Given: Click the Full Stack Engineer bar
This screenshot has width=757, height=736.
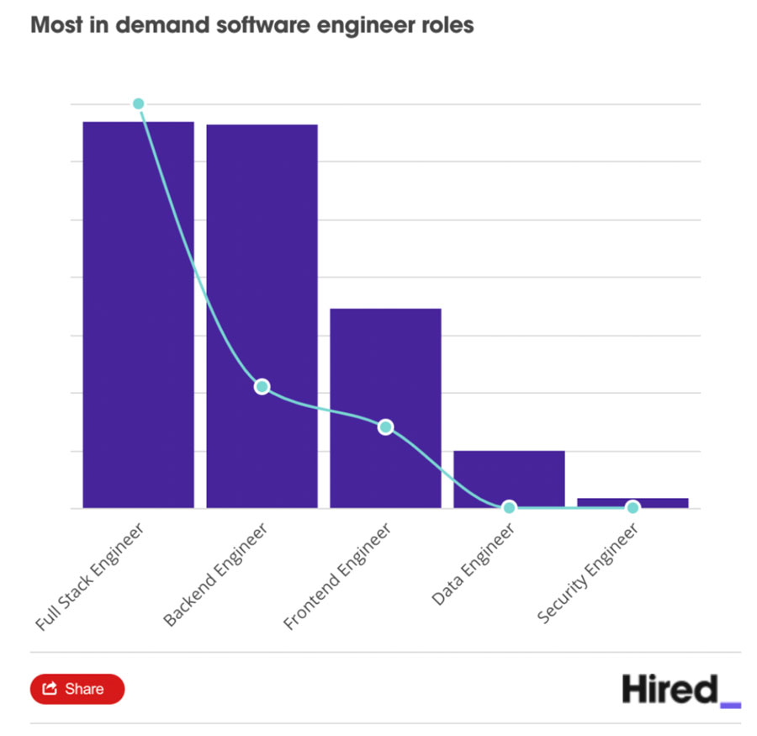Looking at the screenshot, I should pyautogui.click(x=138, y=315).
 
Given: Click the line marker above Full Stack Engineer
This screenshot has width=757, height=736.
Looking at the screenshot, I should pyautogui.click(x=139, y=103).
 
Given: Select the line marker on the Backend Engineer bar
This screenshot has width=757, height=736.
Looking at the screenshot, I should pyautogui.click(x=262, y=386).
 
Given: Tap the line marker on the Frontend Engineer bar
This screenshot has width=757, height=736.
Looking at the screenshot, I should pyautogui.click(x=385, y=426).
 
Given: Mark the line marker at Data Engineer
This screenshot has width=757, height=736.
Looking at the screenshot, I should pyautogui.click(x=509, y=507).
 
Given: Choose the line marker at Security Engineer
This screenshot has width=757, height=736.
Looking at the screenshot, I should pyautogui.click(x=633, y=507).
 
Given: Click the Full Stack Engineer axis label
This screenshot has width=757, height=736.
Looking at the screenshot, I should pyautogui.click(x=91, y=576).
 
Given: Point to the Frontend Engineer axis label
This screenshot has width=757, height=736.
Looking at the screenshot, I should pyautogui.click(x=338, y=576).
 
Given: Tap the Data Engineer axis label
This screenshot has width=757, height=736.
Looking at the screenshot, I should pyautogui.click(x=473, y=564).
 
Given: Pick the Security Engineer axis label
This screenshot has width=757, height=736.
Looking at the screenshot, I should pyautogui.click(x=589, y=573).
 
